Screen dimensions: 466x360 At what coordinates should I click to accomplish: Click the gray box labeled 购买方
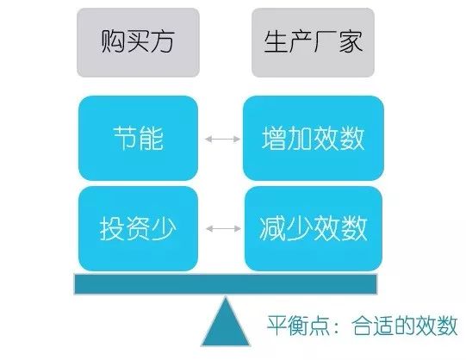pos(138,42)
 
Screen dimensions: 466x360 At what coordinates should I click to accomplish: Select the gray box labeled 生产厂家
pos(313,42)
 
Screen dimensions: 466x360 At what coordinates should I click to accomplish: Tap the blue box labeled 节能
pos(138,138)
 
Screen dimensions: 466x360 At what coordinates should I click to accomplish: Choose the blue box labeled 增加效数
pos(314,138)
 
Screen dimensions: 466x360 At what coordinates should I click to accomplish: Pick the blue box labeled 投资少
pos(138,228)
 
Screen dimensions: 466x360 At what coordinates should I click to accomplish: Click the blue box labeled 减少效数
pos(314,228)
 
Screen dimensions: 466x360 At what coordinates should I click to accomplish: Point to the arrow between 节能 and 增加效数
pos(222,139)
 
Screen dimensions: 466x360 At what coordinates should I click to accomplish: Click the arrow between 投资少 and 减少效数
pos(223,228)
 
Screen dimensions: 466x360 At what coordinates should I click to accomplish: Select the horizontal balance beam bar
pos(226,284)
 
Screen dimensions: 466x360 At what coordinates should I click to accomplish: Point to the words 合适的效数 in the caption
pos(404,326)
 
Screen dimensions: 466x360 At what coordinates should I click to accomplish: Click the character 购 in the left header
pos(113,41)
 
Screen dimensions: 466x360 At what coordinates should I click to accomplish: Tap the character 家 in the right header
pos(351,41)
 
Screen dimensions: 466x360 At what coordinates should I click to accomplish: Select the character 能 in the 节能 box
pos(151,138)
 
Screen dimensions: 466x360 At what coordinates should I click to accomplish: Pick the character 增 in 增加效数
pos(274,138)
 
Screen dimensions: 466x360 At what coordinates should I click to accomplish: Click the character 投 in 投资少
pos(112,228)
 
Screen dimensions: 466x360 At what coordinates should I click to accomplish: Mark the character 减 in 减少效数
pos(272,228)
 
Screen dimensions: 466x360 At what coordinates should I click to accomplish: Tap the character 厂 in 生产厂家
pos(325,41)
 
